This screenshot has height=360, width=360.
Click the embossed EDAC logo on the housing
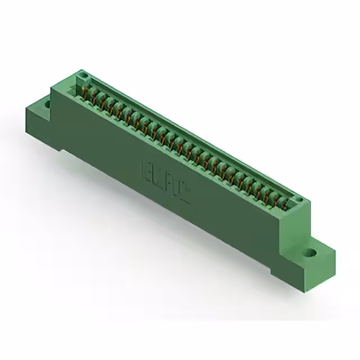pos(165,182)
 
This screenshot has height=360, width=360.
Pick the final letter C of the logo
pos(184,193)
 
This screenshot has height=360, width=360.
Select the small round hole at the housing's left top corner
pos(83,75)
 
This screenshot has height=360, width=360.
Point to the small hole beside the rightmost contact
pos(299,201)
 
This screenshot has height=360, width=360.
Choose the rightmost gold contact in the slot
pos(282,200)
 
